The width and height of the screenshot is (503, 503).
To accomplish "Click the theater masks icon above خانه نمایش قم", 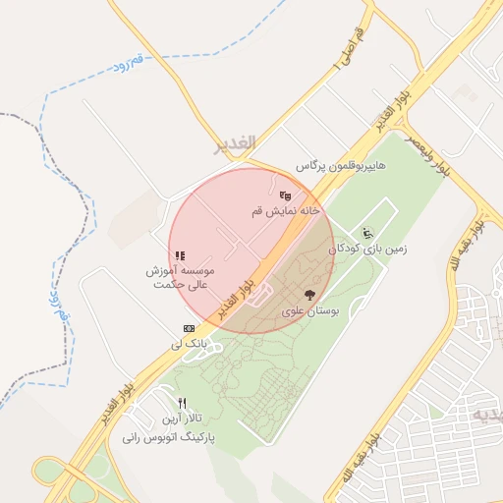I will pyautogui.click(x=285, y=196).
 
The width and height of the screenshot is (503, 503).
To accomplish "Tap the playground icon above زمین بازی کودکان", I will pyautogui.click(x=368, y=233).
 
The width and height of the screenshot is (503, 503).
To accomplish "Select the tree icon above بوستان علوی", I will pyautogui.click(x=310, y=294).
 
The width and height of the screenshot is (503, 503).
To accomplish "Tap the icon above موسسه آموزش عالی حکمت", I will pyautogui.click(x=181, y=256).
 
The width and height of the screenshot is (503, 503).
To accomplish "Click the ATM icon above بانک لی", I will pyautogui.click(x=189, y=328).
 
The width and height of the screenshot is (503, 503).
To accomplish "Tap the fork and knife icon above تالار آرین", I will pyautogui.click(x=182, y=404).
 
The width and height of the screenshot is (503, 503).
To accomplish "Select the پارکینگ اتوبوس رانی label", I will pyautogui.click(x=169, y=436).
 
